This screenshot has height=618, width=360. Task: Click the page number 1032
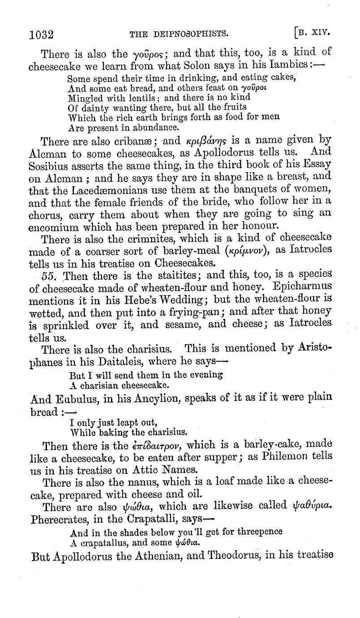[41, 34]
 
